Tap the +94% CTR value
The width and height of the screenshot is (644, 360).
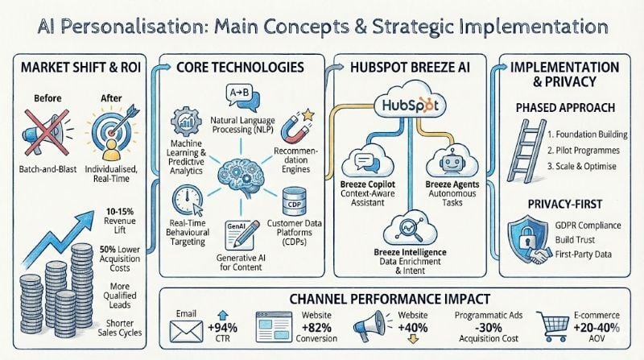pos(225,330)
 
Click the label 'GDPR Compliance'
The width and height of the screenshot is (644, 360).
pos(585,222)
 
